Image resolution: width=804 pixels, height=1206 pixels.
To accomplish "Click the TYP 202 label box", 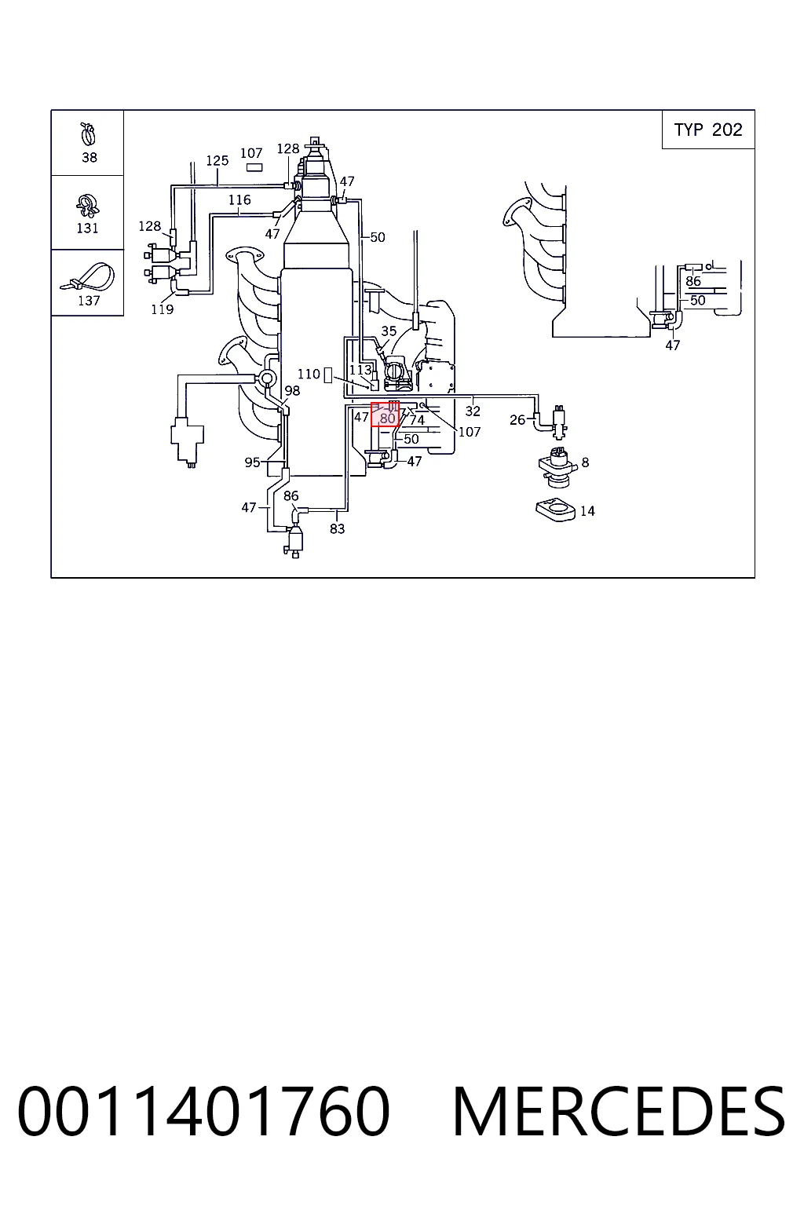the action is coord(707,130).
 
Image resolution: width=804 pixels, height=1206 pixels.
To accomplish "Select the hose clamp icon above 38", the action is coord(88,134).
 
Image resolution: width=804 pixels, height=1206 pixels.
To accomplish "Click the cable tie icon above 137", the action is coord(87,276).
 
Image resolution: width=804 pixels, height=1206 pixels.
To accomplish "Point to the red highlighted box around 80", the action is coord(385,414).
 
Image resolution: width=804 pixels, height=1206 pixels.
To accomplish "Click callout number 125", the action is coord(217,160).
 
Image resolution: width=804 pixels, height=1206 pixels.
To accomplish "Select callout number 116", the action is coord(239,199).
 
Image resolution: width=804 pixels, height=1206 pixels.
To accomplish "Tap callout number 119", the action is coord(162,309).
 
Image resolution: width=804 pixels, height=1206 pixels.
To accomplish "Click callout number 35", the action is coord(389,331).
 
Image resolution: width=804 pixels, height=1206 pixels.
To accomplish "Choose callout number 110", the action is coord(309,374).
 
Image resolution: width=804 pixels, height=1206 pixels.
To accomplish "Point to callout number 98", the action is coord(292,390).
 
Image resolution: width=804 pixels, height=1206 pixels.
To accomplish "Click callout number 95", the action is coord(252,462).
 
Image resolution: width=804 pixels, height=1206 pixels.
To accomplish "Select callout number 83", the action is coord(337,528).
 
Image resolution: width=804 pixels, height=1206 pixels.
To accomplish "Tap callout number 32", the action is coord(473,411).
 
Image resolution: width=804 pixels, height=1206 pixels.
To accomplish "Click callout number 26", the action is coord(517,420).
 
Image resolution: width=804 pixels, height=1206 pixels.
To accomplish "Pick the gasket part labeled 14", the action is coord(555,510).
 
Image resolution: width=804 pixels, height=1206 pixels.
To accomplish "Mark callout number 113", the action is coord(360,370).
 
